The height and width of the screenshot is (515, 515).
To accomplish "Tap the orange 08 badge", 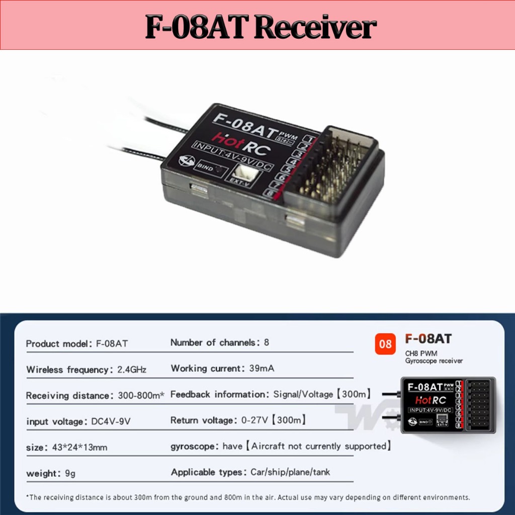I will [x=385, y=345].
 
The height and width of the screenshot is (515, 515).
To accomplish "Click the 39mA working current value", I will [x=262, y=369].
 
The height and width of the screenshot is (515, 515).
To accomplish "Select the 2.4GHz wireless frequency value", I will [x=132, y=370].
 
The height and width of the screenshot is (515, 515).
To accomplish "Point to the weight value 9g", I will [x=70, y=473].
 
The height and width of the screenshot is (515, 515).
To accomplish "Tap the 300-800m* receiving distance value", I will [x=141, y=396].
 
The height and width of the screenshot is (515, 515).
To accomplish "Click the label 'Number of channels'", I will [x=213, y=342].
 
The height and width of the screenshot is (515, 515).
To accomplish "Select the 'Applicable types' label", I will [x=208, y=472].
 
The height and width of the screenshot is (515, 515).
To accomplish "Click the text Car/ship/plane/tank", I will [x=290, y=472].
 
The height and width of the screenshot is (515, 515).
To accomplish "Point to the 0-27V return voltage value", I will [x=253, y=420].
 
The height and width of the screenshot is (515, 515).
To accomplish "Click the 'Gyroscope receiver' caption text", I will [x=434, y=361].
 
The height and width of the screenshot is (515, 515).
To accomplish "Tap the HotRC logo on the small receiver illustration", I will [x=431, y=400].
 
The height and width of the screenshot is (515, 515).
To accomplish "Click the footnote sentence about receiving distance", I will [x=248, y=497].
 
